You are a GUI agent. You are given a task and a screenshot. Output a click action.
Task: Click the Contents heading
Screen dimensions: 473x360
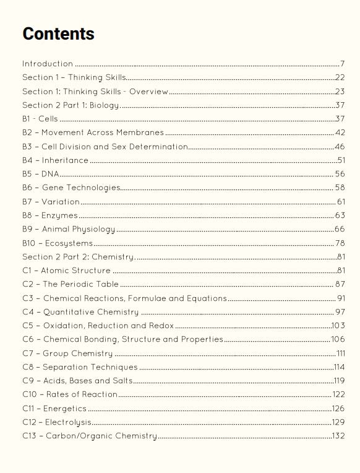58,33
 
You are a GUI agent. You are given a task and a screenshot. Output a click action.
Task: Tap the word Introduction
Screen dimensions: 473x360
48,64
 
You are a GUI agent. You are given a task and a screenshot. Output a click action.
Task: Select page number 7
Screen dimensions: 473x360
342,64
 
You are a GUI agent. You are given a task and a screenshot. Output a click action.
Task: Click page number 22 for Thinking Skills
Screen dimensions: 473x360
340,77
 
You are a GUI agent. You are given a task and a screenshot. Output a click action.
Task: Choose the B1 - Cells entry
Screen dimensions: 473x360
40,119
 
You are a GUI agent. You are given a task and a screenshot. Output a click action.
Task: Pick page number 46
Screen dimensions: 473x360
340,147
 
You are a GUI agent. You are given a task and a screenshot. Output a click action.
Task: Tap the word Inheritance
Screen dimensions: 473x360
65,160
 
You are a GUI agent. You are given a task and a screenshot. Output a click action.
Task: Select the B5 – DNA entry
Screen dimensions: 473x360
41,174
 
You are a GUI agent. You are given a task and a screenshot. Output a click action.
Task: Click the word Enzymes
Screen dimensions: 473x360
59,215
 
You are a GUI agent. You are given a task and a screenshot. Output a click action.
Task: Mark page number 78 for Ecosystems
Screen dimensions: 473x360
340,243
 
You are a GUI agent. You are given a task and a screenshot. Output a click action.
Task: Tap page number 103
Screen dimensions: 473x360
338,326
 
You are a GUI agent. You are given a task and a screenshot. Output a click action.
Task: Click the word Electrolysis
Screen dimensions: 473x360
68,422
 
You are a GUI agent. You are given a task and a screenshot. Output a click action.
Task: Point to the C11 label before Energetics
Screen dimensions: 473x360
29,409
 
